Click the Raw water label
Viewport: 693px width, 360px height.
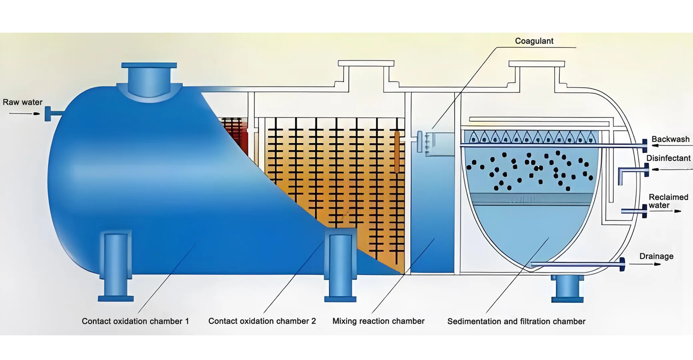tap(23, 102)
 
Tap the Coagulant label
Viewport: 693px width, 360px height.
tap(534, 41)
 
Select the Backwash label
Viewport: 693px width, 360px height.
tap(670, 139)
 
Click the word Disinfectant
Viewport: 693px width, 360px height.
tap(668, 158)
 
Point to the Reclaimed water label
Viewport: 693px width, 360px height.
tap(668, 201)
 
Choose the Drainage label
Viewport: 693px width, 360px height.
tap(656, 256)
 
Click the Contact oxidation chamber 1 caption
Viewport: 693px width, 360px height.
tap(135, 321)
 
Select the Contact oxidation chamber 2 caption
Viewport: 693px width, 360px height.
tap(262, 321)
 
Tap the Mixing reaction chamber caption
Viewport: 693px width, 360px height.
tap(378, 321)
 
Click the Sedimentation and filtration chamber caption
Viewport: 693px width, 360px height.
tap(516, 322)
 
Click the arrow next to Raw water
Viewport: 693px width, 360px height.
tap(25, 114)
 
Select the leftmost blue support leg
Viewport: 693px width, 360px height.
tap(116, 267)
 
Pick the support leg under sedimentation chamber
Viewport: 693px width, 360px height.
tap(567, 288)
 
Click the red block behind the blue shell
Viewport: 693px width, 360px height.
tap(236, 133)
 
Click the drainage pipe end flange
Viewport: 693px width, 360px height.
tap(622, 264)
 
